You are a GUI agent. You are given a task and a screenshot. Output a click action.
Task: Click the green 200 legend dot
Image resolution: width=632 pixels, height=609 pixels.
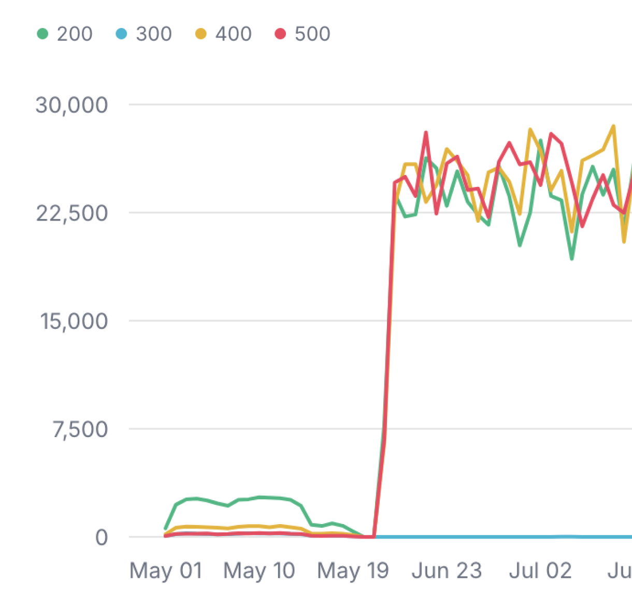coord(43,34)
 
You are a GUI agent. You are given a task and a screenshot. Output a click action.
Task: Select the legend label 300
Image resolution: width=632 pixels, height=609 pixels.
coord(154,34)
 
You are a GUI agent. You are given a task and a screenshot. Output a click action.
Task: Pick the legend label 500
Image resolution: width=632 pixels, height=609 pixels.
coord(312,34)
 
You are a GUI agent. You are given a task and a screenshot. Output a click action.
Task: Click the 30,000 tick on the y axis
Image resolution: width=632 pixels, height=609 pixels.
coord(71,105)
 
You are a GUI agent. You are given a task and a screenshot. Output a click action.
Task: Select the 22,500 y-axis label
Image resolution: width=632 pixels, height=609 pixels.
coord(71,213)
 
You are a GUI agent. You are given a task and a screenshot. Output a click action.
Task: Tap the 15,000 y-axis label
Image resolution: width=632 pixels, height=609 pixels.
coord(73,321)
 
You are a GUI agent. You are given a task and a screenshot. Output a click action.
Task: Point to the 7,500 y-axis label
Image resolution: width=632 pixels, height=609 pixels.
coord(80,429)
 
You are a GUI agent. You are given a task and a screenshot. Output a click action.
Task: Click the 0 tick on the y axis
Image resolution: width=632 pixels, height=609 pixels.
coord(102,538)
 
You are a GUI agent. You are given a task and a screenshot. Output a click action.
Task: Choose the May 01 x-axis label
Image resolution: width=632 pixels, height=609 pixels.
coord(166,571)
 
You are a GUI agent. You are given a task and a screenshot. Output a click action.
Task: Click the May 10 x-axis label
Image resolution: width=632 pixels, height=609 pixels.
coord(259,571)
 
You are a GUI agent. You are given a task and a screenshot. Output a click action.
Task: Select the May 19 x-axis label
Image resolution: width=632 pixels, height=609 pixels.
coord(353,571)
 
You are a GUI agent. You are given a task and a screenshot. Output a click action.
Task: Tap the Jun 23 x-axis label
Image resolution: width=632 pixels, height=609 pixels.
coord(447,571)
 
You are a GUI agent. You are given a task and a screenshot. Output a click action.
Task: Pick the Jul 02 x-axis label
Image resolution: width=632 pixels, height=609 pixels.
coord(540,571)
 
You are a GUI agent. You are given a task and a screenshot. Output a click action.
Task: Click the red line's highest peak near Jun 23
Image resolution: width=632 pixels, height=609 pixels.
coord(426,133)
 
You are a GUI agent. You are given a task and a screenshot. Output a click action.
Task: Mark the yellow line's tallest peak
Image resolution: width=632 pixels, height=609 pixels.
coord(613,126)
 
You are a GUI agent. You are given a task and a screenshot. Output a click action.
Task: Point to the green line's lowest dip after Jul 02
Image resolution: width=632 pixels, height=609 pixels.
coord(571,258)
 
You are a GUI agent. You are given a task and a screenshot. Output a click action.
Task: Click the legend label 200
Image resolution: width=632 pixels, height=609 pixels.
coord(75,34)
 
